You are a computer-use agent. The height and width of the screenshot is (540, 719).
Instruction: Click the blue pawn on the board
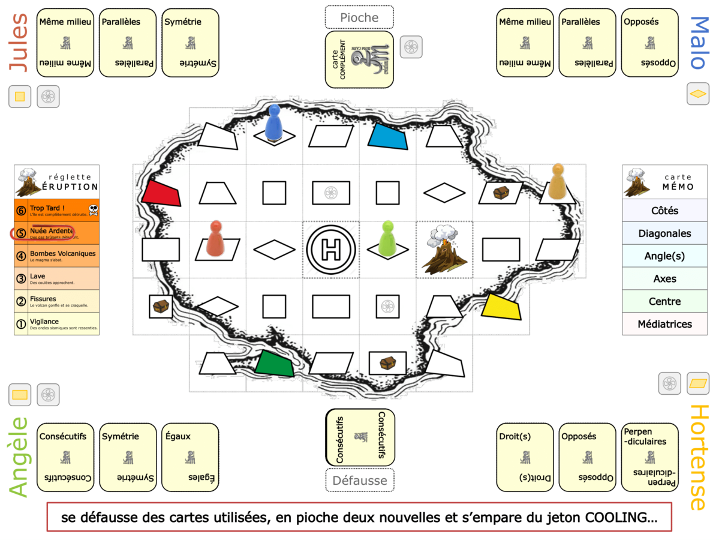(274, 123)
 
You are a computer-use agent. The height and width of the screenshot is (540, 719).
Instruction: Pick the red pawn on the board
(214, 238)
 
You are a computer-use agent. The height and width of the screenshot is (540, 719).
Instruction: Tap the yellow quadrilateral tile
(501, 307)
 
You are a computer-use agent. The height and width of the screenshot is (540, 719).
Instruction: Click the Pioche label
(359, 17)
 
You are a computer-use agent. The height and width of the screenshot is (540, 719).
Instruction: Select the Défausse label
(359, 480)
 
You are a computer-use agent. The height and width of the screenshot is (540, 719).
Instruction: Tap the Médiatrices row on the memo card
(664, 324)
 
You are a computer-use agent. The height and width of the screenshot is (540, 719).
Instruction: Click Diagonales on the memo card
(664, 233)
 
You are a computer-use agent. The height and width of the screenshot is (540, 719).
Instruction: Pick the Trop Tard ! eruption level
(56, 211)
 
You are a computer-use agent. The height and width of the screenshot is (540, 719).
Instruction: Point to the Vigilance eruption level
(56, 324)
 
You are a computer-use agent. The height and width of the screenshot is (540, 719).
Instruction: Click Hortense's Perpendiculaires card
(649, 457)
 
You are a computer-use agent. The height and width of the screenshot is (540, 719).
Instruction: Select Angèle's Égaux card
(190, 457)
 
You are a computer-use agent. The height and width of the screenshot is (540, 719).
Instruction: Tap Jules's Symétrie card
(190, 43)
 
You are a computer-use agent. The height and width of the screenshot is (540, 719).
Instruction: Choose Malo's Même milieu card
(525, 43)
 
